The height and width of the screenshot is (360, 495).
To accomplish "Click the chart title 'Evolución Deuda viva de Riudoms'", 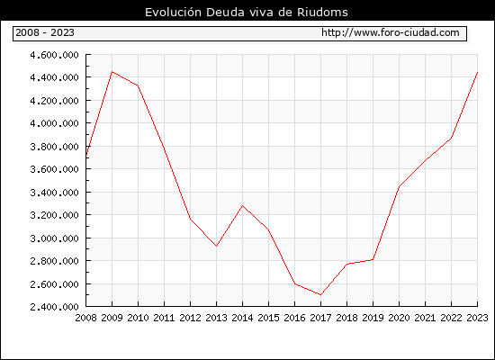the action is tap(247, 13).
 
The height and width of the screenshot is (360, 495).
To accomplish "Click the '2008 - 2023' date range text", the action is tap(45, 32).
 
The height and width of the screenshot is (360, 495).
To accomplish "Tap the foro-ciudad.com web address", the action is tap(391, 32).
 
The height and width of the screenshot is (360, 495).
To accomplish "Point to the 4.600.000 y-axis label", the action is tap(54, 55).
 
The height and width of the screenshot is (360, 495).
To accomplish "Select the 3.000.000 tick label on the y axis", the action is tap(54, 238).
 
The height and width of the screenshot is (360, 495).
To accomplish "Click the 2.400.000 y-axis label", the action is tap(54, 307).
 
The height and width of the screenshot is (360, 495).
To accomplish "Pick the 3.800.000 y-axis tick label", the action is tap(54, 147).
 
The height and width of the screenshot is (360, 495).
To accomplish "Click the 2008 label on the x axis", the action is tap(85, 318).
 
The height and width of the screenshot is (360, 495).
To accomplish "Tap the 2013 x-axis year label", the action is tap(216, 318).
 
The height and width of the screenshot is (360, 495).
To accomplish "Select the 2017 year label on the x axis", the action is tap(320, 318).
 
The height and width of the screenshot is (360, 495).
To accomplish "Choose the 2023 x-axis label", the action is tap(477, 318).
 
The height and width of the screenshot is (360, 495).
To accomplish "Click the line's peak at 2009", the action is tap(112, 72).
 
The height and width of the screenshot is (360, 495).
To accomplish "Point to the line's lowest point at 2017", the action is tap(320, 295).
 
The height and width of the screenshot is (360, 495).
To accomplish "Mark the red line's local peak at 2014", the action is tap(242, 205).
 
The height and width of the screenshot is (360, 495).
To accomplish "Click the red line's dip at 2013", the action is tap(216, 246).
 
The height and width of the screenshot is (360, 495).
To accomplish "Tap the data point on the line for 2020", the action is tap(399, 187).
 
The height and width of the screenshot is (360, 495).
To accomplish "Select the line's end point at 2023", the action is tap(477, 72).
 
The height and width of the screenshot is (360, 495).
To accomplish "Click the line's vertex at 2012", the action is tap(191, 219).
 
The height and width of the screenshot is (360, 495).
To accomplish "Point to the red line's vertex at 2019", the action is tap(373, 259).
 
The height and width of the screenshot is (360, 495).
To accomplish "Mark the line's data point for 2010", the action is tap(138, 85).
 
